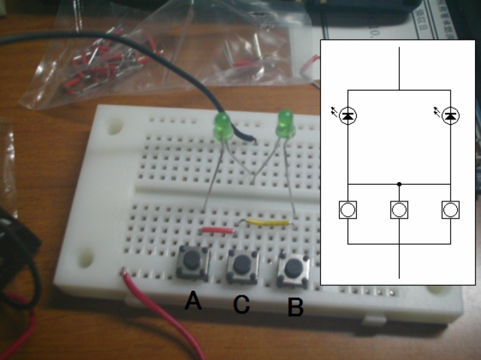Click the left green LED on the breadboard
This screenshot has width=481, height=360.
pos(223,127)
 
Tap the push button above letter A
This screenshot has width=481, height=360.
pos(192,261)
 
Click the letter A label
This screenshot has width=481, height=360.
pos(193,301)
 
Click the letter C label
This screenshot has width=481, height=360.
pos(240,304)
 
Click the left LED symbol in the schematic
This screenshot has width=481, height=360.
pos(347,116)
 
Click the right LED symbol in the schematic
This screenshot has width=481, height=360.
pos(450,116)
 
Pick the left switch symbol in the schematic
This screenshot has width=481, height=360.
pos(347,210)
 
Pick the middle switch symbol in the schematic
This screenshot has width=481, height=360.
pos(399,210)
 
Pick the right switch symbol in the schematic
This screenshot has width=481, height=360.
pos(450,210)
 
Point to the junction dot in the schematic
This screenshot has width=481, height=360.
pos(399,183)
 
